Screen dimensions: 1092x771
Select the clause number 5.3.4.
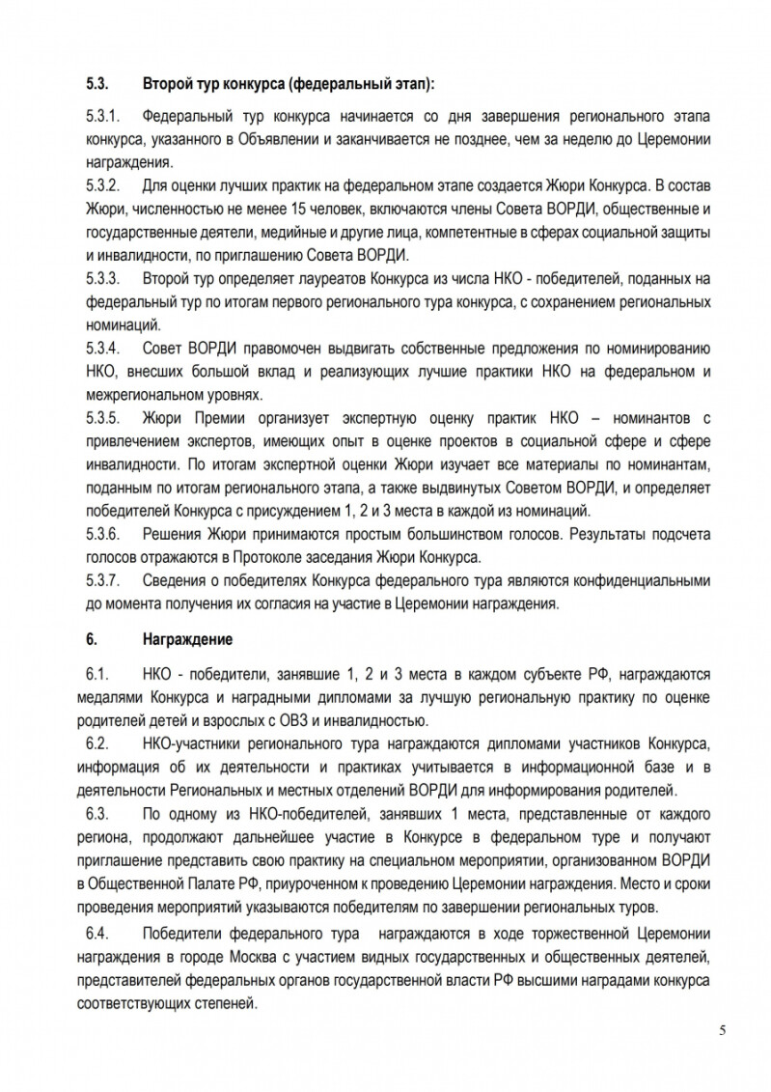102,347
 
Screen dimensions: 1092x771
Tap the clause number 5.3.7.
102,580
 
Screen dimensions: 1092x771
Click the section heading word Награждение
187,640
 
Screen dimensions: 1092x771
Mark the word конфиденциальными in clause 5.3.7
644,580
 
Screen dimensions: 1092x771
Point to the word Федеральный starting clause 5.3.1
186,118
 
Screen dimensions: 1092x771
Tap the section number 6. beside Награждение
92,640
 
